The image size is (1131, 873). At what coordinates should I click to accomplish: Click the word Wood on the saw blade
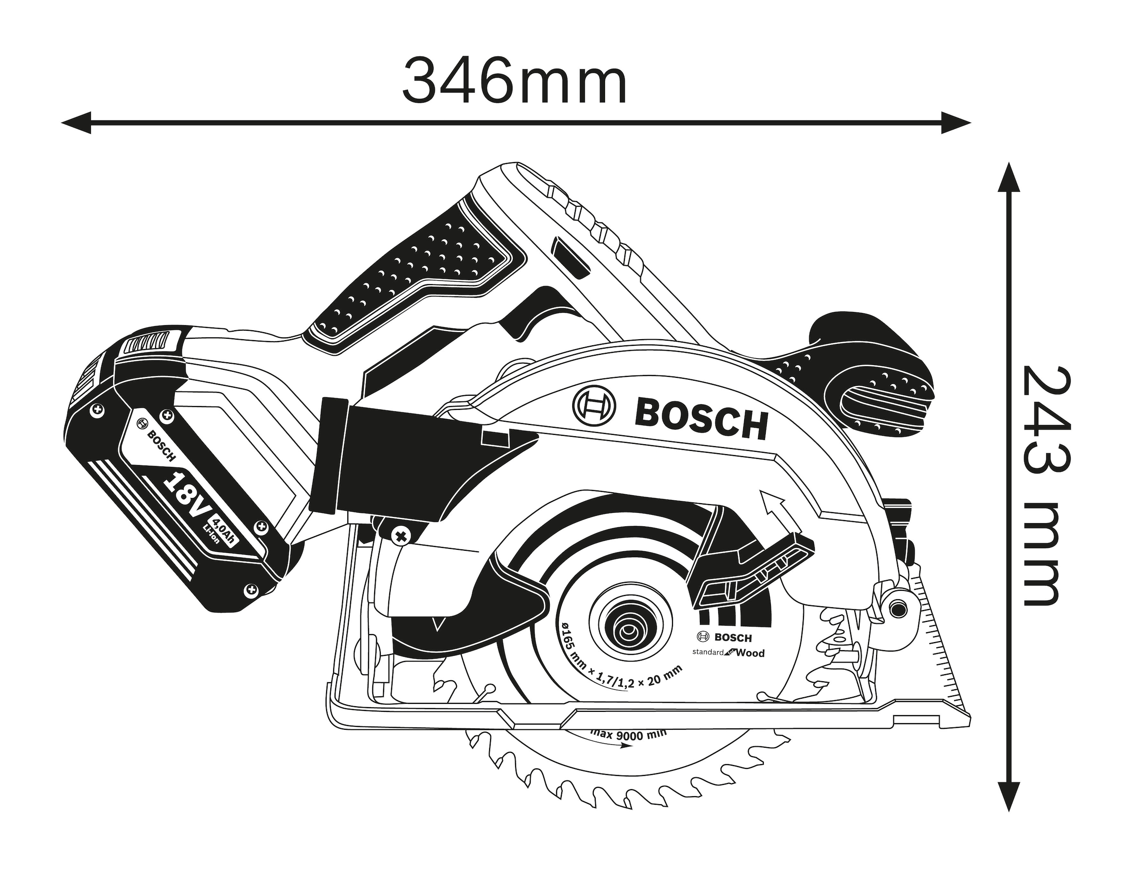(x=750, y=653)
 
